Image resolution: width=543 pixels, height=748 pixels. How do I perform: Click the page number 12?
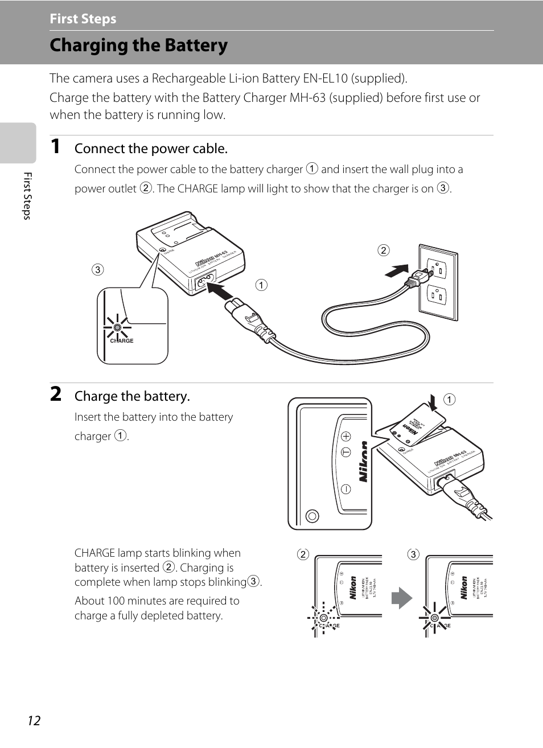pyautogui.click(x=34, y=721)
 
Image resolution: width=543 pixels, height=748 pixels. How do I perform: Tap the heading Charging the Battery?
pyautogui.click(x=138, y=46)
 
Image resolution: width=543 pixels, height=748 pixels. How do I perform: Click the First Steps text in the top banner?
pyautogui.click(x=83, y=19)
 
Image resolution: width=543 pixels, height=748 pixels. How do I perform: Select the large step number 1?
pyautogui.click(x=55, y=146)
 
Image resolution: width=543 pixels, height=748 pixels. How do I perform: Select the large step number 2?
pyautogui.click(x=56, y=394)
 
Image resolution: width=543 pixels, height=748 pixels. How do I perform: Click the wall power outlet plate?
pyautogui.click(x=438, y=282)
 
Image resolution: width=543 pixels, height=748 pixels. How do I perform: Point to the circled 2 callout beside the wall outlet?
pyautogui.click(x=384, y=250)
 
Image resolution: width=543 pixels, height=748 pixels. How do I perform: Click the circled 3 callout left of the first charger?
pyautogui.click(x=98, y=270)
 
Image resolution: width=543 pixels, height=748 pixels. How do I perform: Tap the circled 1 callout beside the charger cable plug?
pyautogui.click(x=261, y=285)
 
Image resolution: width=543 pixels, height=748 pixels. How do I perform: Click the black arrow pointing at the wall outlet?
pyautogui.click(x=397, y=270)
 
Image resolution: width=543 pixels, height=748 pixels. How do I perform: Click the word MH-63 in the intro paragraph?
pyautogui.click(x=307, y=98)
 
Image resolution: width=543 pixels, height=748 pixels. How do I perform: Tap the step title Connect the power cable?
pyautogui.click(x=151, y=149)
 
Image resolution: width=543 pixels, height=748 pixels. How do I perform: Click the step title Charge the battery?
pyautogui.click(x=132, y=396)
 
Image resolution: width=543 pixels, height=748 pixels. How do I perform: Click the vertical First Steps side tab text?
pyautogui.click(x=27, y=196)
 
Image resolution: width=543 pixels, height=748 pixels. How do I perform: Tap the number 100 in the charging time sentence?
pyautogui.click(x=116, y=601)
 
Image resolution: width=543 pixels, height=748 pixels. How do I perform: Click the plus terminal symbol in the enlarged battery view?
pyautogui.click(x=346, y=437)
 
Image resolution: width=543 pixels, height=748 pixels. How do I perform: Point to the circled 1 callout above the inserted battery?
pyautogui.click(x=450, y=400)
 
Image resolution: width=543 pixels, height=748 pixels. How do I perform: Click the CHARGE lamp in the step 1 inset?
pyautogui.click(x=117, y=328)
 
